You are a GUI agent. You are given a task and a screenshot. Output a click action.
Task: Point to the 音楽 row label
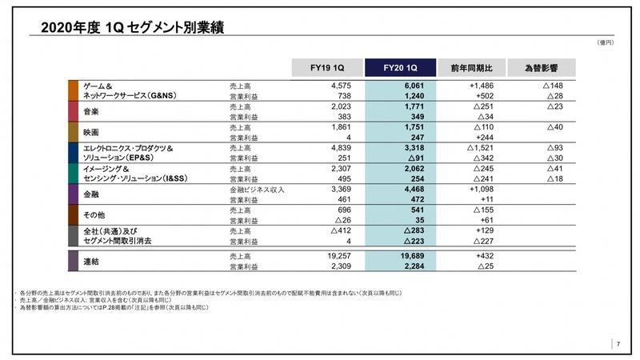click(x=93, y=111)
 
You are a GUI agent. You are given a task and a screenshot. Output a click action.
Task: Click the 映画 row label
click(x=93, y=131)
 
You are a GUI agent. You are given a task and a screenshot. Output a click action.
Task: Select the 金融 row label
click(x=93, y=194)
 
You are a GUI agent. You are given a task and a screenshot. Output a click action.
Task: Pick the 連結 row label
click(x=93, y=262)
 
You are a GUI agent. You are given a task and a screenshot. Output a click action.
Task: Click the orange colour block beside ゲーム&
click(x=73, y=90)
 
